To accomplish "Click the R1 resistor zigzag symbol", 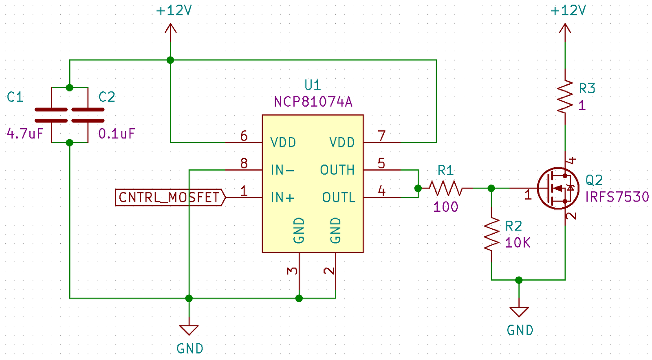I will pyautogui.click(x=446, y=188).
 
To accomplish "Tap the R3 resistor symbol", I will pyautogui.click(x=565, y=97).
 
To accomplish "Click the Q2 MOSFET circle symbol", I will pyautogui.click(x=558, y=188).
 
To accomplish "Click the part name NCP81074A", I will pyautogui.click(x=313, y=101).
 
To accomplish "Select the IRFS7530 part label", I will pyautogui.click(x=617, y=197).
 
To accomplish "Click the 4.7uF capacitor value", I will pyautogui.click(x=25, y=134).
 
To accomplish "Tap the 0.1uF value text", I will pyautogui.click(x=117, y=134).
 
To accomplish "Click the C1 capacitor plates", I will pyautogui.click(x=51, y=115).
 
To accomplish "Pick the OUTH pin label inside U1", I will pyautogui.click(x=337, y=170).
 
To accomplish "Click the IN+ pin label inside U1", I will pyautogui.click(x=282, y=198).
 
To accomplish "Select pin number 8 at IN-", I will pyautogui.click(x=244, y=163).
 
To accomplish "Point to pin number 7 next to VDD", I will pyautogui.click(x=381, y=136).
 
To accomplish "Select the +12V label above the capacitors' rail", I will pyautogui.click(x=174, y=11).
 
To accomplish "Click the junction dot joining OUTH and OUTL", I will pyautogui.click(x=418, y=188).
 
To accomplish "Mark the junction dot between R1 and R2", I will pyautogui.click(x=491, y=188).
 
